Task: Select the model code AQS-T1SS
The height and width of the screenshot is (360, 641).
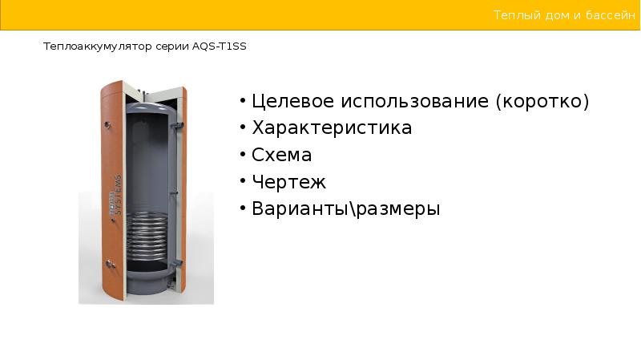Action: point(220,47)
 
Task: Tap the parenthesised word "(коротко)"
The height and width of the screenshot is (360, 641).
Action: point(542,102)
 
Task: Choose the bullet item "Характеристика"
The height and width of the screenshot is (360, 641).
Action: point(332,128)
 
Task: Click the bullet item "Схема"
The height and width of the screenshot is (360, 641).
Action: point(281,155)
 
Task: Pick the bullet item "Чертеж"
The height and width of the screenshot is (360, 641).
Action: point(289,182)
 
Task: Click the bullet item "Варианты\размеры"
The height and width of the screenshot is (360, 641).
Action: point(346,209)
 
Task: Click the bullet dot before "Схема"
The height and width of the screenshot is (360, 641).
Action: point(242,155)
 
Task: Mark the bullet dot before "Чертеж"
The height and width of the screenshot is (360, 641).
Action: point(242,182)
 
